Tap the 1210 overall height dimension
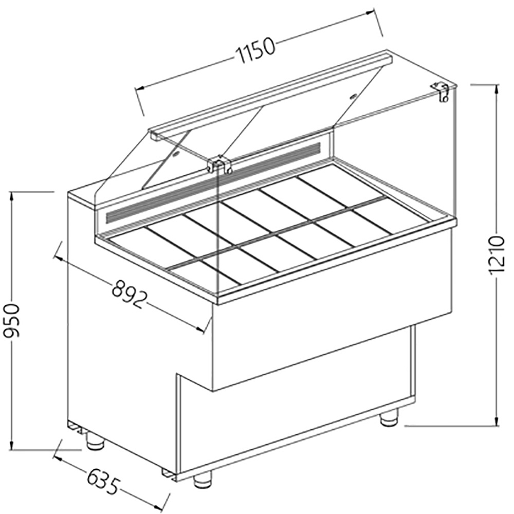(496, 255)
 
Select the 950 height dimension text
(12, 320)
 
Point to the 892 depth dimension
(128, 293)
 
